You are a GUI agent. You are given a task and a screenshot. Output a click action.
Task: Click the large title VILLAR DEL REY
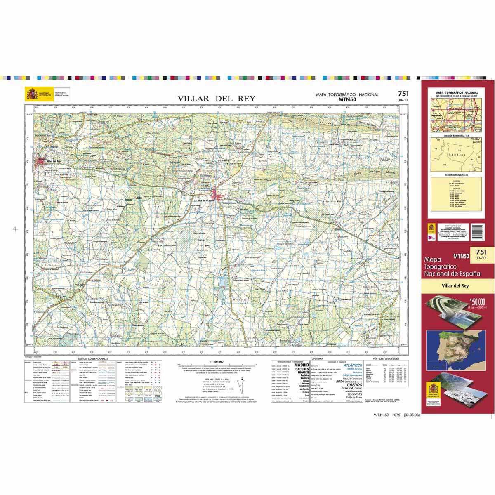coord(216,98)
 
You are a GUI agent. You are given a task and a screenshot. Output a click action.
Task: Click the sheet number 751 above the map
coord(403,94)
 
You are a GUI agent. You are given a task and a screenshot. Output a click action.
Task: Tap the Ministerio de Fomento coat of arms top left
coord(32,94)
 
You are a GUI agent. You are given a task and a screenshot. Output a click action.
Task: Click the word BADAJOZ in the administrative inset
coord(456,153)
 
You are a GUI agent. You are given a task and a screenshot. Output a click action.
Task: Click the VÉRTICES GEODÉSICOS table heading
coord(388,360)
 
